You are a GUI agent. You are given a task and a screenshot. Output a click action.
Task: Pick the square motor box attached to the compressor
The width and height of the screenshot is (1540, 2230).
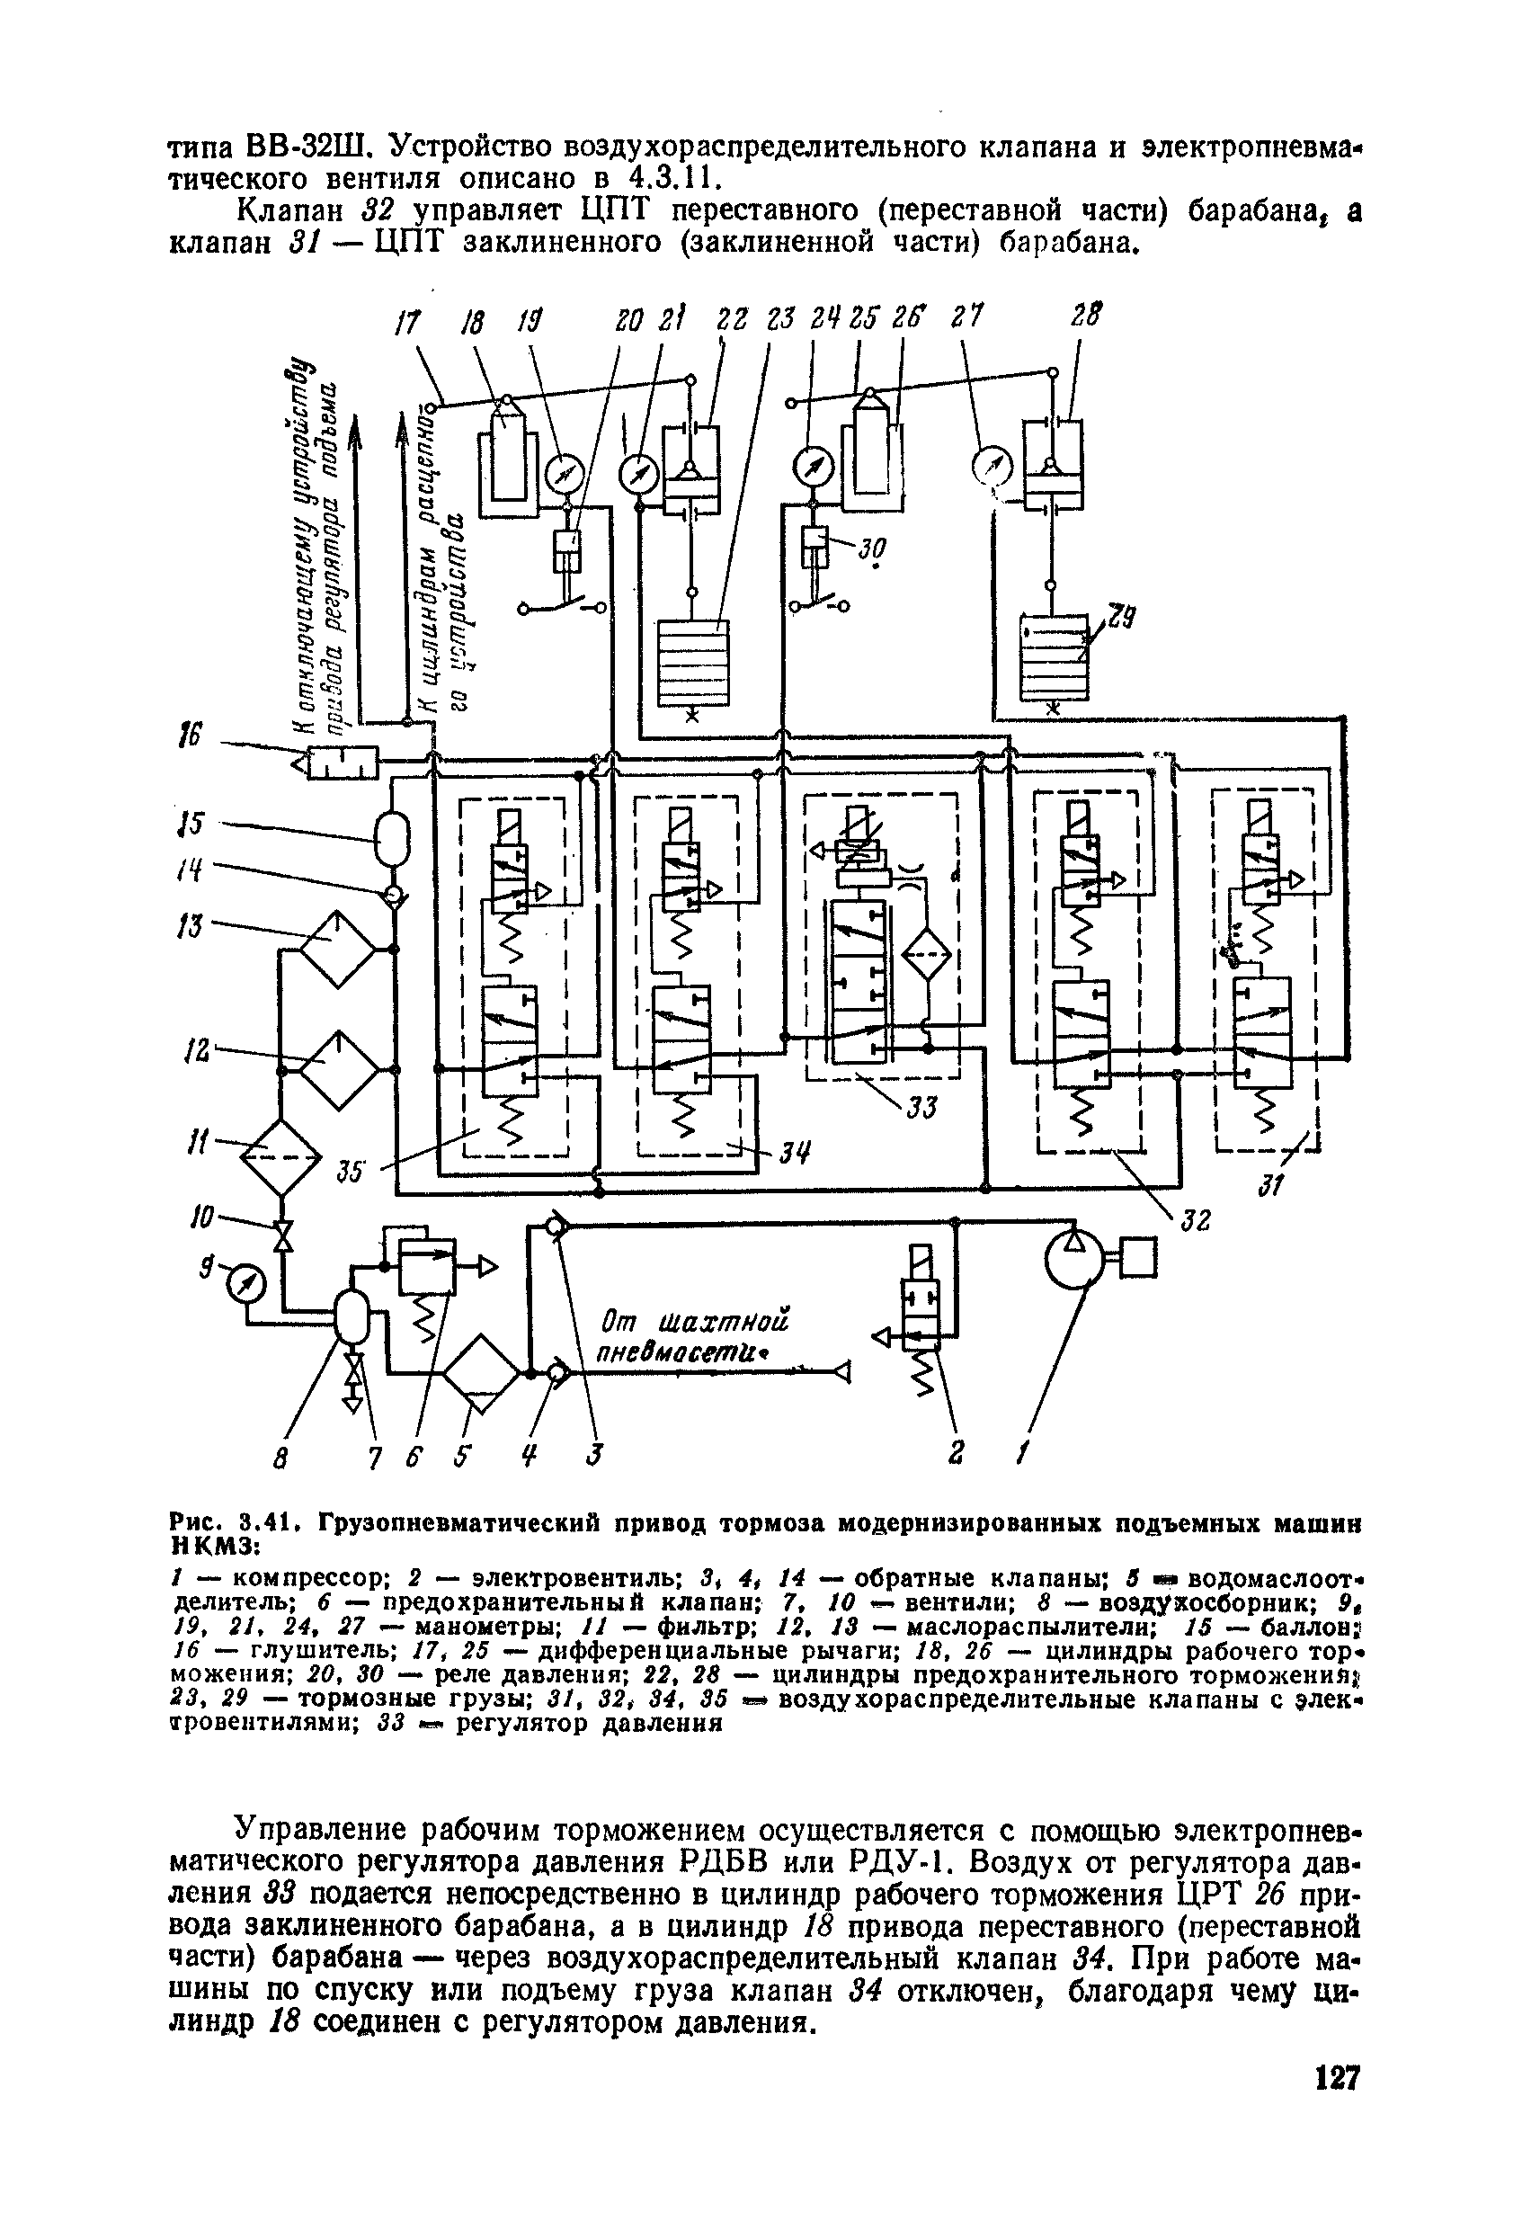1139,1257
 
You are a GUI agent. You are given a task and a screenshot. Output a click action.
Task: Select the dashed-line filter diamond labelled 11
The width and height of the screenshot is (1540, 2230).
280,1157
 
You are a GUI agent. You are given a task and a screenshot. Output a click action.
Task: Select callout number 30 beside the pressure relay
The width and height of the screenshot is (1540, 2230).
872,551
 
